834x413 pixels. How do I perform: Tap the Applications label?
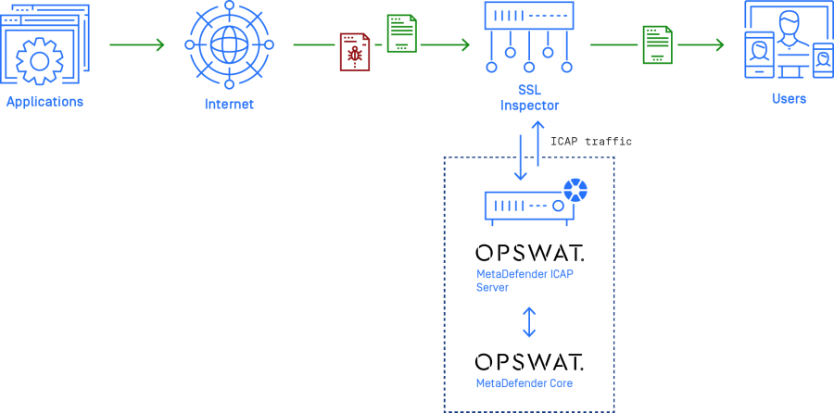(44, 102)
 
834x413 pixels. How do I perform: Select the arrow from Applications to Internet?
(136, 44)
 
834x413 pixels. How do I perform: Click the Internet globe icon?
(229, 44)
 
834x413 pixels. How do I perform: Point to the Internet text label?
(229, 105)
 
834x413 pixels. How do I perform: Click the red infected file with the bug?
(354, 52)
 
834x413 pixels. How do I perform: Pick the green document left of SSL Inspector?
(401, 33)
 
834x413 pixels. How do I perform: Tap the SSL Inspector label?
(528, 98)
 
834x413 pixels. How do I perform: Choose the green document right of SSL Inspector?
(657, 44)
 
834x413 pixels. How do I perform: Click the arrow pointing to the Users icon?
(701, 44)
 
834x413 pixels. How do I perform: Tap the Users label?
(789, 99)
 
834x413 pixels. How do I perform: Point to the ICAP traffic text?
(590, 142)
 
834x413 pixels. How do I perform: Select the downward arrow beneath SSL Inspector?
(521, 157)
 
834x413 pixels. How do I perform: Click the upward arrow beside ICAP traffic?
(537, 143)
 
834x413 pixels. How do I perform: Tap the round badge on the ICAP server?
(575, 191)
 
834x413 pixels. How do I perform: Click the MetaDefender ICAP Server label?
(524, 281)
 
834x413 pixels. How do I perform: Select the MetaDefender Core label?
(524, 383)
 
